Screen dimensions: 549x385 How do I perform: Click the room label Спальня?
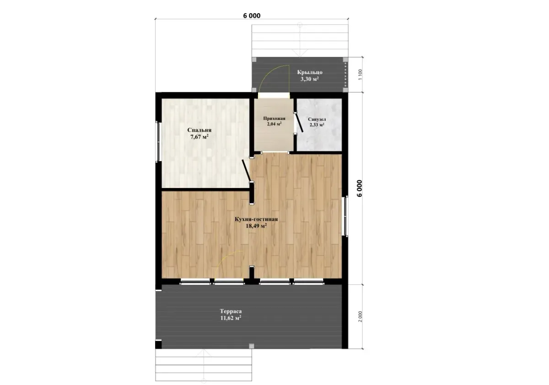click(199, 130)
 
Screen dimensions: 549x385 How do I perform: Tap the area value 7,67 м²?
click(199, 137)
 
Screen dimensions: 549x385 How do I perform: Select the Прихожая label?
click(274, 118)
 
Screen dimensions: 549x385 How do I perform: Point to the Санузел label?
click(317, 119)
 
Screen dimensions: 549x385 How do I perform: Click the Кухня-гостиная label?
click(256, 219)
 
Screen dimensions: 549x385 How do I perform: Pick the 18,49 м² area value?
click(256, 225)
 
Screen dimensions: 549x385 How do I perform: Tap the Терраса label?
click(231, 311)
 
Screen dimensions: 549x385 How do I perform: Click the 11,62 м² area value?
click(231, 318)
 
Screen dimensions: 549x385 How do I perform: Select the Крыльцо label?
click(310, 72)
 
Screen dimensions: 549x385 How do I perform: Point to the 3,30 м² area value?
click(310, 79)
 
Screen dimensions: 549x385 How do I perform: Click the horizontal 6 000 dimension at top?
click(252, 16)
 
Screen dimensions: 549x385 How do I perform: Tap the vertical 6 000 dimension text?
click(359, 188)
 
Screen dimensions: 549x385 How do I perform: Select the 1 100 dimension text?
click(360, 75)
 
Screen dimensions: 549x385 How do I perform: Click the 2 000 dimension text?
click(360, 317)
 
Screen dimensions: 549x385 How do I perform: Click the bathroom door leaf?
click(299, 123)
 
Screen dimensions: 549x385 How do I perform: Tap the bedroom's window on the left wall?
click(158, 142)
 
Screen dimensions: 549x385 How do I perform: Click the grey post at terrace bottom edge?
click(252, 346)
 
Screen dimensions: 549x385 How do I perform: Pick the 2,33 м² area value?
click(317, 125)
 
